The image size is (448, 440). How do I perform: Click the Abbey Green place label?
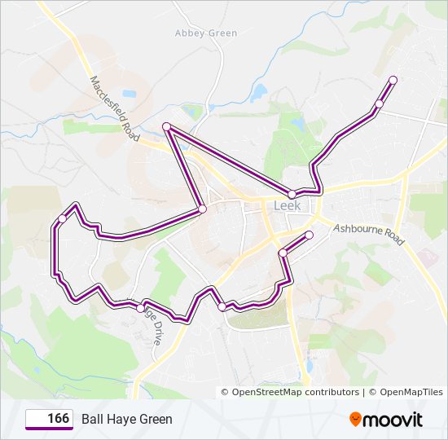206,33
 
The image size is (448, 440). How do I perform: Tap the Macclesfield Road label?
111,104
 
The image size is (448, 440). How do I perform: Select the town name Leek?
287,206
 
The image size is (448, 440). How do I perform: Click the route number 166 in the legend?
58,419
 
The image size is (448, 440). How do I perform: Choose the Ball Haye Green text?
127,420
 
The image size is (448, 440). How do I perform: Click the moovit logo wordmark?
393,420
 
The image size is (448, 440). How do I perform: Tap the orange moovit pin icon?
355,420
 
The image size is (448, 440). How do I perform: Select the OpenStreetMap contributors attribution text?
296,392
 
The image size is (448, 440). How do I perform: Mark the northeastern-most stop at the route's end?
393,80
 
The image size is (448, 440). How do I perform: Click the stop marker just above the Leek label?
292,194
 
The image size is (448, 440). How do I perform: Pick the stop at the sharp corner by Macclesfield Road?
166,126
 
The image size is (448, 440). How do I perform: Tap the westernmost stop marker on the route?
62,218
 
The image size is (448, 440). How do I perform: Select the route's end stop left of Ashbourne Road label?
309,235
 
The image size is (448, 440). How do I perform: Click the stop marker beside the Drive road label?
141,308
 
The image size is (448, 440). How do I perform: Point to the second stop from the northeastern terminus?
379,103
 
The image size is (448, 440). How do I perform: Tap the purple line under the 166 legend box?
49,429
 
